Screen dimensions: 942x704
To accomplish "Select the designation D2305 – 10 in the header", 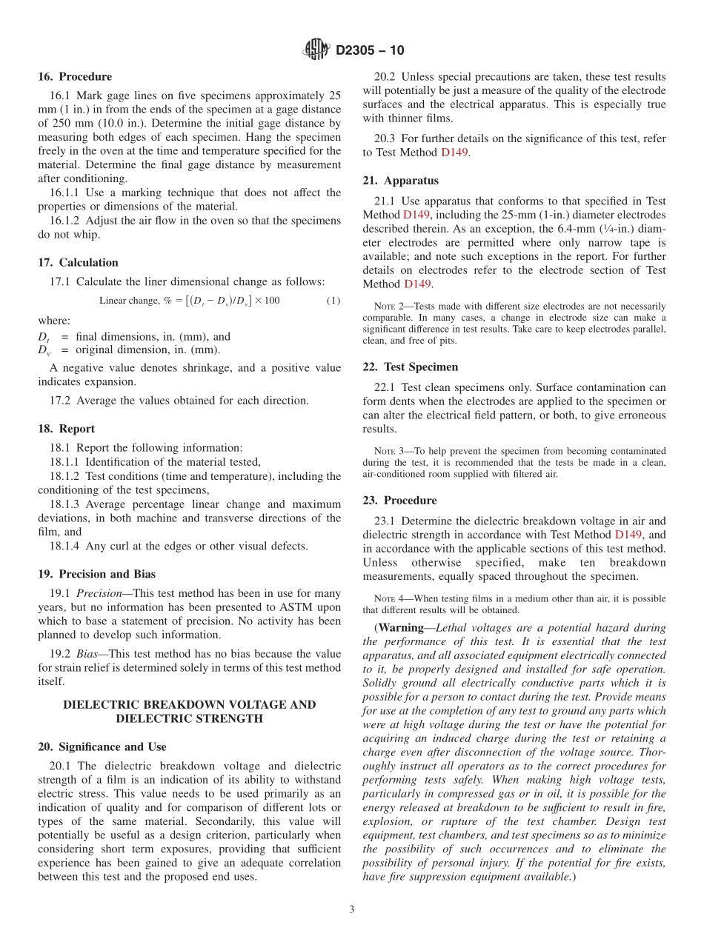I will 370,51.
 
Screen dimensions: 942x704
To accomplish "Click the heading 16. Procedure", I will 75,77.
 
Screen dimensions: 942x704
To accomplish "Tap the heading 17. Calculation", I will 78,262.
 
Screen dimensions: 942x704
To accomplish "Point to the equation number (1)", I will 333,301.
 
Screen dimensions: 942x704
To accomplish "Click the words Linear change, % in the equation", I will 129,301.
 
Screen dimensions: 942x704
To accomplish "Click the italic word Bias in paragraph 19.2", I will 87,654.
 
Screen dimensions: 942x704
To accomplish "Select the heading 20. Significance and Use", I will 102,746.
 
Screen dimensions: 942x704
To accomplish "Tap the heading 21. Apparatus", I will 400,181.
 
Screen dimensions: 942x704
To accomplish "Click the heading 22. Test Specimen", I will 410,367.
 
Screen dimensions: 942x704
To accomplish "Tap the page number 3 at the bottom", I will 352,909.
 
